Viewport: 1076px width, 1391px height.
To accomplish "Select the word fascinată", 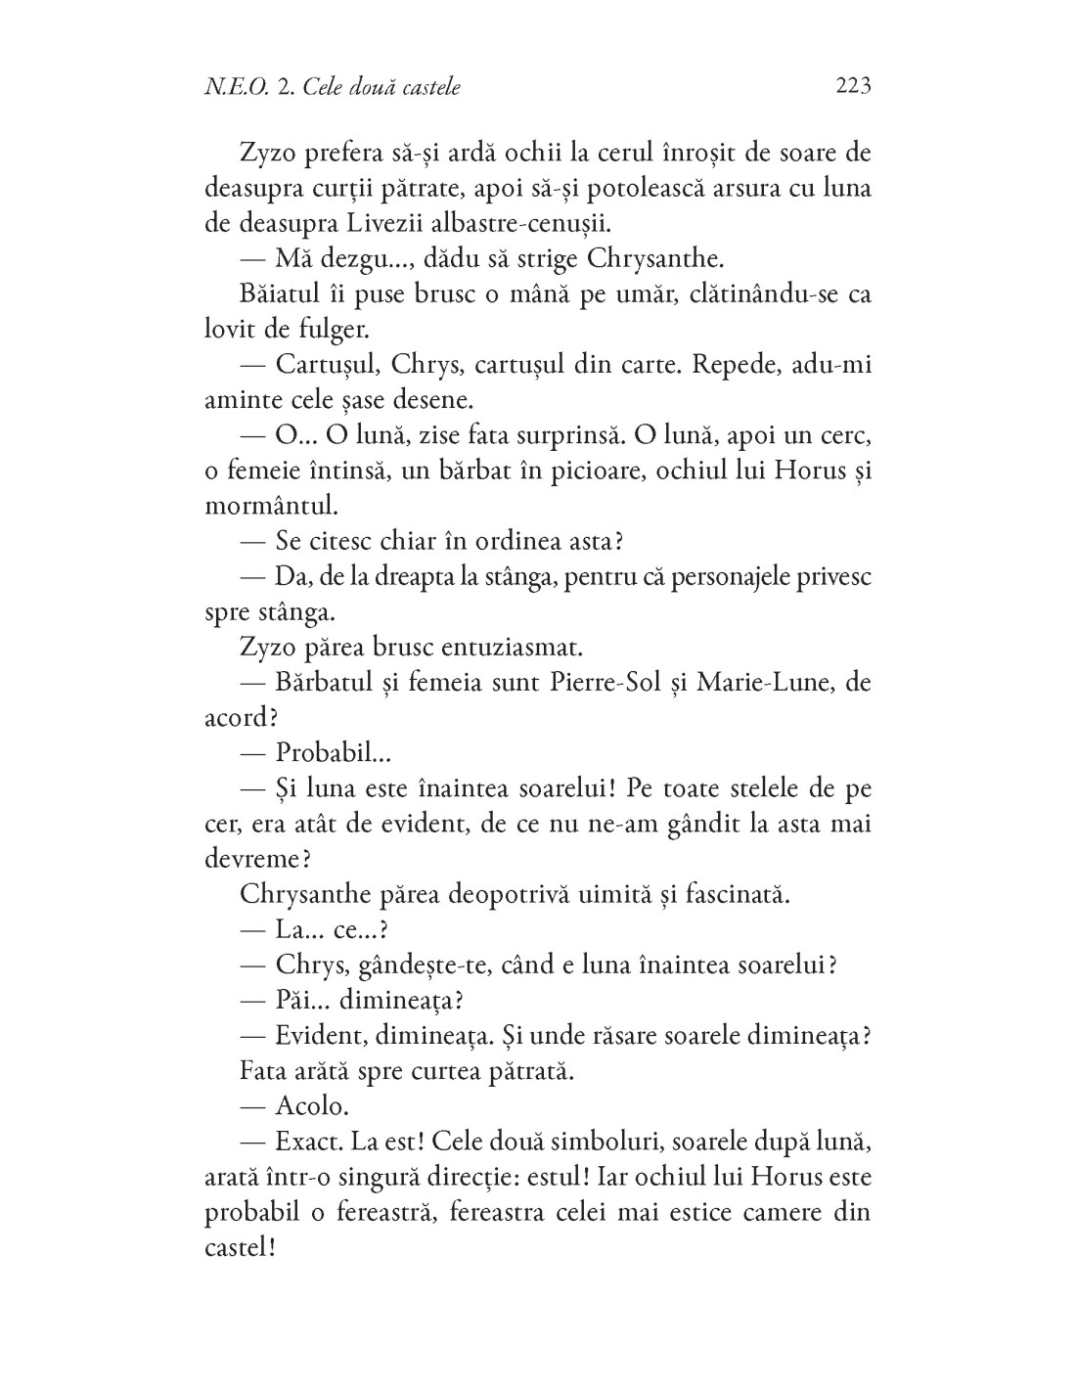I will point(718,893).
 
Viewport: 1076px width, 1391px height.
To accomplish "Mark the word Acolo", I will point(311,1105).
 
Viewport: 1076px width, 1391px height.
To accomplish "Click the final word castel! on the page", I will point(237,1247).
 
